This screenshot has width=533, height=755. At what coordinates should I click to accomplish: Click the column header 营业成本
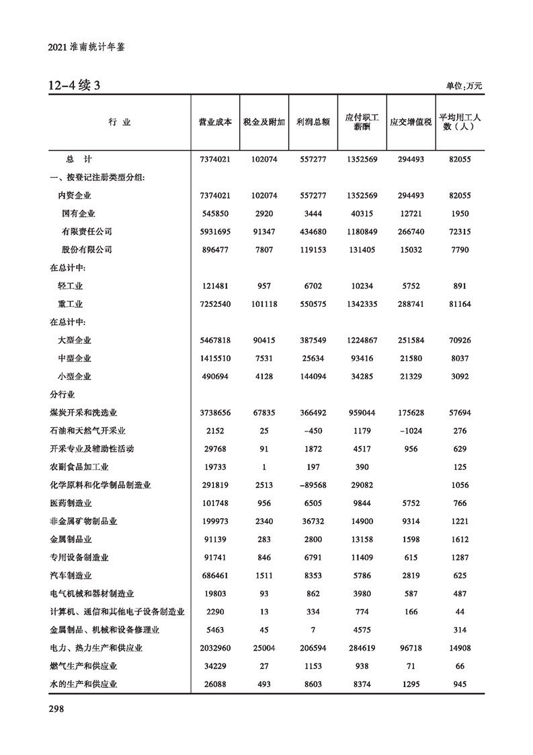pos(215,122)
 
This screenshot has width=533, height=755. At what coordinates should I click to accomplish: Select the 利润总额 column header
pos(312,122)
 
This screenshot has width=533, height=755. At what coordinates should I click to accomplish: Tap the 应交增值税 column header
pos(410,122)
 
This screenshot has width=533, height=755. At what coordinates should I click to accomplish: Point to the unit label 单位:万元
pos(464,86)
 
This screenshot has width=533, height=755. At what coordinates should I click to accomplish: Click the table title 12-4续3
pos(74,85)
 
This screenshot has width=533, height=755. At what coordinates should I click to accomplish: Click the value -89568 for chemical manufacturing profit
pos(312,485)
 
